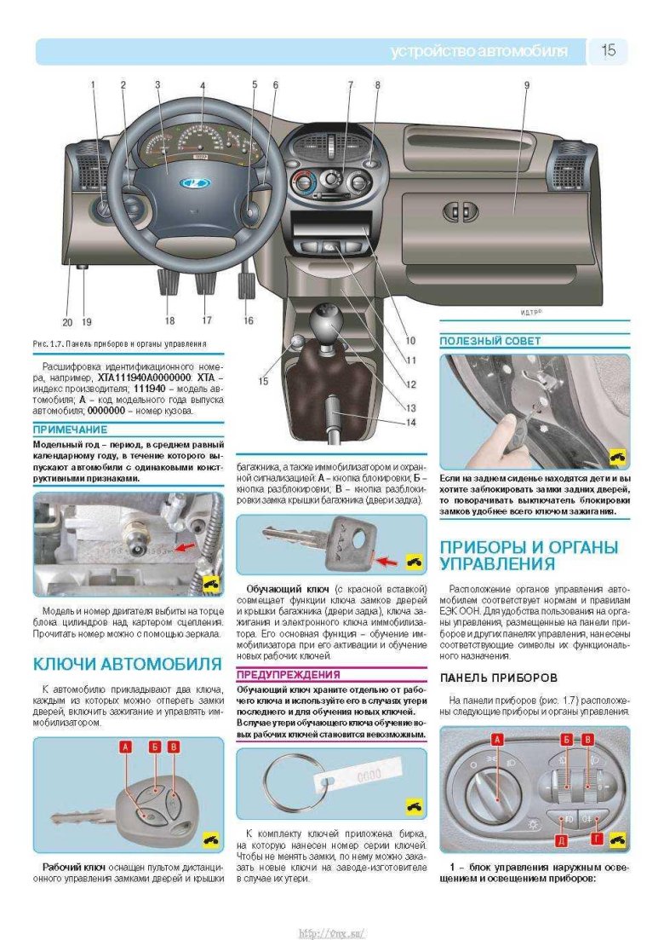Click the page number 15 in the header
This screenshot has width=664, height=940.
click(609, 51)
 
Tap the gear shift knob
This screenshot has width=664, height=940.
click(326, 325)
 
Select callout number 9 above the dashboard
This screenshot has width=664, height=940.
click(527, 85)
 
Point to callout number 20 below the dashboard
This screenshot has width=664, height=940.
click(67, 322)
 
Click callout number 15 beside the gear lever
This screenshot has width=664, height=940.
click(263, 381)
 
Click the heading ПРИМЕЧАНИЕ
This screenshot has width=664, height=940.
click(70, 430)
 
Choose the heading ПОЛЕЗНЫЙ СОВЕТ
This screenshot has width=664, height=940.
click(489, 341)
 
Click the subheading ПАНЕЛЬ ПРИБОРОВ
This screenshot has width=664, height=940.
click(498, 678)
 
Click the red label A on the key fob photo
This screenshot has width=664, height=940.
click(126, 747)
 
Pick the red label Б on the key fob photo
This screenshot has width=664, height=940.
click(155, 747)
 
